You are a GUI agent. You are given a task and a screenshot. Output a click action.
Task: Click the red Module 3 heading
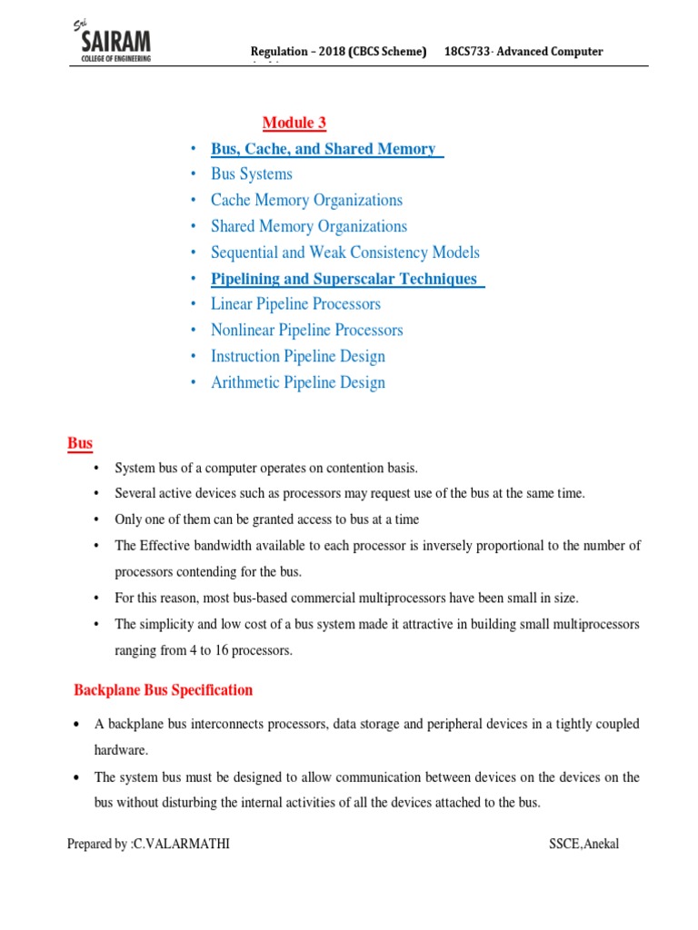[x=294, y=123]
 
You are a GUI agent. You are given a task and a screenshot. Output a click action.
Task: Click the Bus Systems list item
[x=252, y=174]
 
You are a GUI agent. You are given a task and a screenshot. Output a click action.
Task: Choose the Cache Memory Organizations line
[x=306, y=201]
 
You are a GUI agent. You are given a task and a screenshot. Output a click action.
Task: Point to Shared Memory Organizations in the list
[x=309, y=227]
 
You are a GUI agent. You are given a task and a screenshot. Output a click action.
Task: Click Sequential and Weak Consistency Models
[x=344, y=253]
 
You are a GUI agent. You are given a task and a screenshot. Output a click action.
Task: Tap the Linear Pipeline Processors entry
[x=295, y=304]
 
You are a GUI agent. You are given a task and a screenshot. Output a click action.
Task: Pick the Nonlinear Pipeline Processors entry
[x=306, y=331]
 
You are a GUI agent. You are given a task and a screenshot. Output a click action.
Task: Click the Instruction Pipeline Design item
[x=298, y=357]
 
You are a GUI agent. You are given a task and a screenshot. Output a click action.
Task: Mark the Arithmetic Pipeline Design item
[x=298, y=383]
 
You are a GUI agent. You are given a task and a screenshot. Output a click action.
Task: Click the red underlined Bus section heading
[x=80, y=444]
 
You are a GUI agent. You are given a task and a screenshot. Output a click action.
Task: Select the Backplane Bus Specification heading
[x=163, y=690]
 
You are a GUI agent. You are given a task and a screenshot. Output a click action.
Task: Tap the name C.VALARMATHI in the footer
[x=180, y=845]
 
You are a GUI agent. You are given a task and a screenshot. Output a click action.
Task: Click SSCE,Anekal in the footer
[x=583, y=845]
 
